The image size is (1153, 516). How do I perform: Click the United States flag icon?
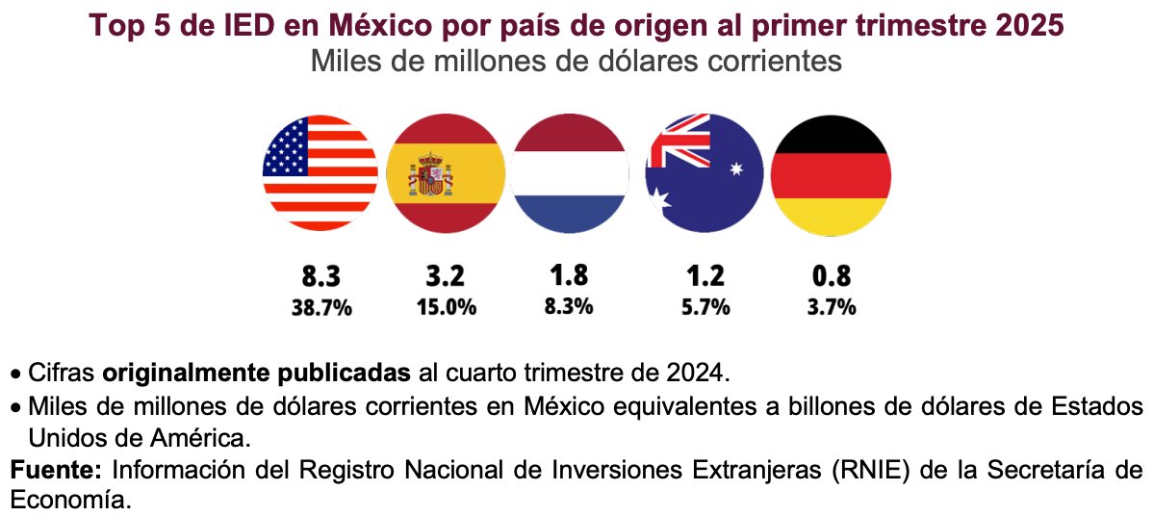pos(320,172)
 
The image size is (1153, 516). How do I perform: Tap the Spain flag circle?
pos(445,172)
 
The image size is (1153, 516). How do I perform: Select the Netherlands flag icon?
pos(569,172)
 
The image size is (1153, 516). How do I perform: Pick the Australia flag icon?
pos(704,172)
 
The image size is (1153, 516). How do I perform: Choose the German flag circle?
pos(832,172)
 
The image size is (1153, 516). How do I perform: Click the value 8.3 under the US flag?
pos(321,277)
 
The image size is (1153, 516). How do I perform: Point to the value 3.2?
pos(445,277)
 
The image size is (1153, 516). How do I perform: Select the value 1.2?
pos(705,277)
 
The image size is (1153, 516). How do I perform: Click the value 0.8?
pos(832,277)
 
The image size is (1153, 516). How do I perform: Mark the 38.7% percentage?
pos(321,308)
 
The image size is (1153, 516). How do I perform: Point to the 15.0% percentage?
pos(445,308)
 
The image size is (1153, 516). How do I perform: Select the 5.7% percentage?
pos(705,308)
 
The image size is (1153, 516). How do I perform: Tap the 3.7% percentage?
pos(832,308)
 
